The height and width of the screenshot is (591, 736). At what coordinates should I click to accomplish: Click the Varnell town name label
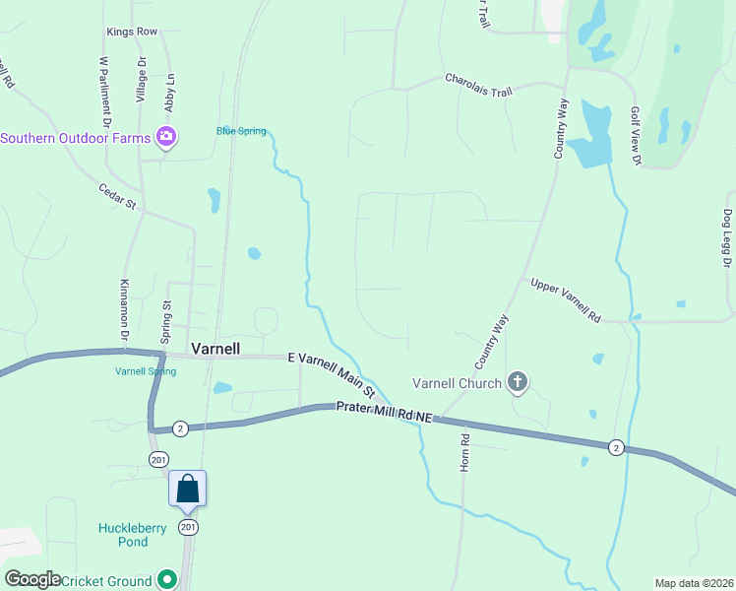214,349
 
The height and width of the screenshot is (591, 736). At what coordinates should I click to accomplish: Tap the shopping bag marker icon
188,488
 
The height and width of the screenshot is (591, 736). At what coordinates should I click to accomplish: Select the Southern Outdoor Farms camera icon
167,138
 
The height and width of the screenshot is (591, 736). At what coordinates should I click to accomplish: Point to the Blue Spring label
241,131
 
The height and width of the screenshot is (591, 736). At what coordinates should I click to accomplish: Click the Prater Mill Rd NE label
384,412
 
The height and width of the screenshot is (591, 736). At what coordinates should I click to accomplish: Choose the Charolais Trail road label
478,85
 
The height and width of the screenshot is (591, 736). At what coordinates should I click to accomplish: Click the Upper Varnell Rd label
566,300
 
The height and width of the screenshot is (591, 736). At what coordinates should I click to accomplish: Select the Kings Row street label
132,33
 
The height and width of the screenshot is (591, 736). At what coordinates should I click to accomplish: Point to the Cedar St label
116,196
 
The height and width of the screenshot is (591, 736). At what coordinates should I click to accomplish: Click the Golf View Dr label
636,135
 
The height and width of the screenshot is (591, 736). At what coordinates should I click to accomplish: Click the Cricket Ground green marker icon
167,581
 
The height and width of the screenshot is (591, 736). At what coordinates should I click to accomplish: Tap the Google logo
31,579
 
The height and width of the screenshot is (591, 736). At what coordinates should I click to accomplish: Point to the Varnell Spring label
146,371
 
